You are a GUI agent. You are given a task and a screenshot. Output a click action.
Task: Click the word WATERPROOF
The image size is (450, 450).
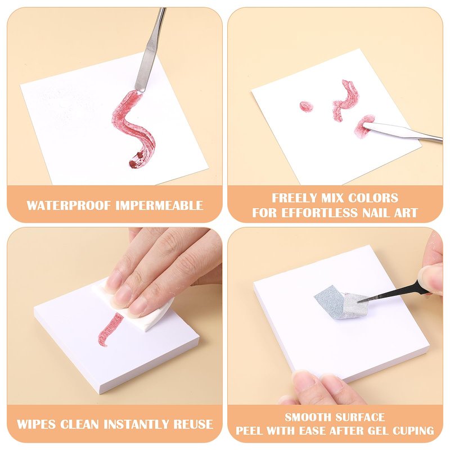point(69,205)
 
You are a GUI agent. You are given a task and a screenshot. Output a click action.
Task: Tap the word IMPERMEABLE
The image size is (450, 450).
point(160,205)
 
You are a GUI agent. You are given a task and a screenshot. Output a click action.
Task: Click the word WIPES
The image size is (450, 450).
point(36,424)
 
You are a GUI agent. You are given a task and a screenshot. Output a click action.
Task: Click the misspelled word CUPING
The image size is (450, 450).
point(413,430)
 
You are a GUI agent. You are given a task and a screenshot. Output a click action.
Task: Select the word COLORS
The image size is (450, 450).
point(373,198)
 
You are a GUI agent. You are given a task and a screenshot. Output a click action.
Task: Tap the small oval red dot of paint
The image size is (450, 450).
point(306,106)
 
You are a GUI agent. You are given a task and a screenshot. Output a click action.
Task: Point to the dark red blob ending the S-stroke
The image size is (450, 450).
point(137,161)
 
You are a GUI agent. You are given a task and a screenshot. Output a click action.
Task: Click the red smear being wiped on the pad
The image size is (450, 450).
point(110,330)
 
